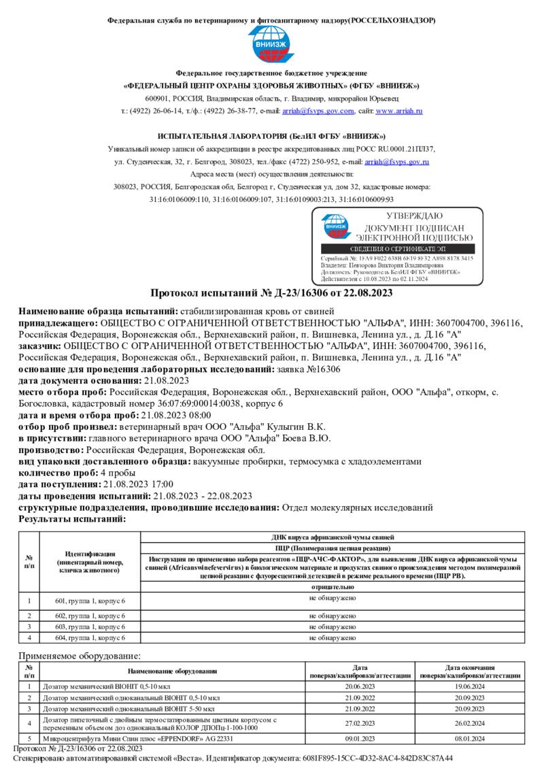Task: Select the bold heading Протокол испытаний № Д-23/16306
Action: point(271,293)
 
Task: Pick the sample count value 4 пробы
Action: point(118,473)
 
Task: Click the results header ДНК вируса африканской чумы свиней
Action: point(333,537)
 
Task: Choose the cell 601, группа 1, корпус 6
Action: point(90,601)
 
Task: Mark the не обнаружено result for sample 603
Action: point(333,626)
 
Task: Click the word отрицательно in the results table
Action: point(333,586)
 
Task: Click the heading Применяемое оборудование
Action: point(80,656)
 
